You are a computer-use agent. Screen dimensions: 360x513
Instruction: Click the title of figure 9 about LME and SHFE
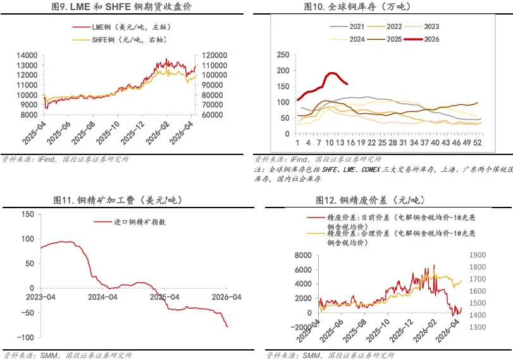121,7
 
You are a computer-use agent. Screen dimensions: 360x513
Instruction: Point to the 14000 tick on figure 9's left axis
27,55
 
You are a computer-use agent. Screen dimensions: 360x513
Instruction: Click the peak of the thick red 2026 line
331,73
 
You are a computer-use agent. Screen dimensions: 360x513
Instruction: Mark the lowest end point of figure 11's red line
228,326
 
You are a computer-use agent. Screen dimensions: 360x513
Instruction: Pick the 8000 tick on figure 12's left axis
304,254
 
